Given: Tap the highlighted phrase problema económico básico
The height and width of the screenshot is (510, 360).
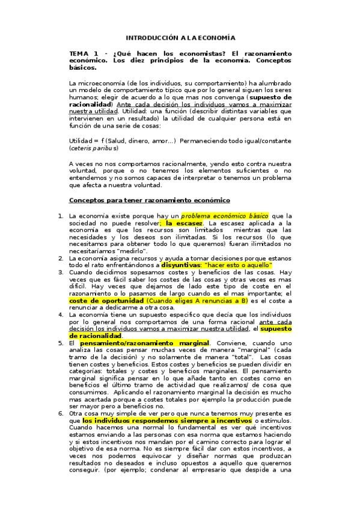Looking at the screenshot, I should pyautogui.click(x=225, y=215).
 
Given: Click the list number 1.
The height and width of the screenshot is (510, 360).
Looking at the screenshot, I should pyautogui.click(x=60, y=215).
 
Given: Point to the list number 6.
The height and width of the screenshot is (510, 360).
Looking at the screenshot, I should pyautogui.click(x=60, y=413).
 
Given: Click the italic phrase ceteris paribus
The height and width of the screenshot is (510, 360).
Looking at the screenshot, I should pyautogui.click(x=93, y=147).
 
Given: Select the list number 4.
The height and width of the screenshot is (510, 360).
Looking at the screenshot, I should pyautogui.click(x=60, y=314).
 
